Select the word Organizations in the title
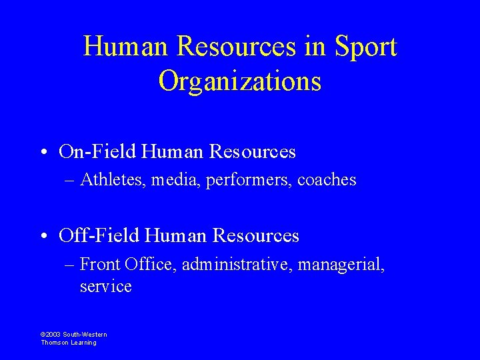240,81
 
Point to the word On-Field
99,152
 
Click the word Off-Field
100,236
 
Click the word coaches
327,180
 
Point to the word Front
99,265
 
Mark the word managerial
341,265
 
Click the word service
105,287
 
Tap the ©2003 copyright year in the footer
51,335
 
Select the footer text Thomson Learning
69,343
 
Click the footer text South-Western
85,335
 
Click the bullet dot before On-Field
43,153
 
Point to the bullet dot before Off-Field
43,237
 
